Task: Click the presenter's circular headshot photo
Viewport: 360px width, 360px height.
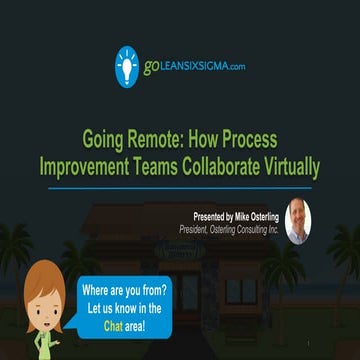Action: click(x=298, y=220)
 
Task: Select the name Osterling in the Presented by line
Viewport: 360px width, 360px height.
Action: click(x=258, y=215)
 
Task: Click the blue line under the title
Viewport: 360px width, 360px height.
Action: click(x=180, y=187)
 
